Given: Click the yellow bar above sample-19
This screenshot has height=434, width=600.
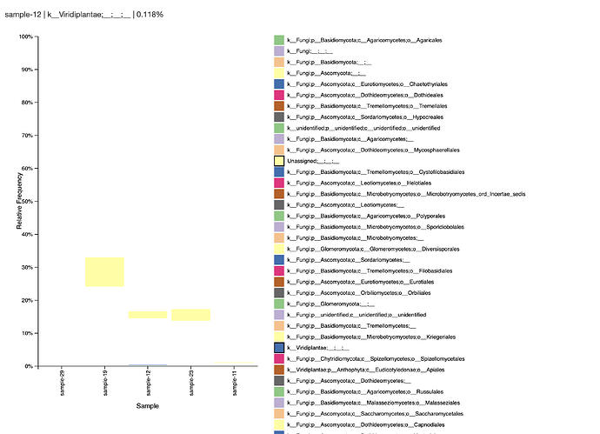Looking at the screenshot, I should [x=104, y=271].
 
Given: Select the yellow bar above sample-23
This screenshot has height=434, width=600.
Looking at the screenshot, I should [x=190, y=315].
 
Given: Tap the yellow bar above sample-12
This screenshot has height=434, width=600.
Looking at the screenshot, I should [x=148, y=314].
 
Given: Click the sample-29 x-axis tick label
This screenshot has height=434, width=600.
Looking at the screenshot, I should [x=62, y=383].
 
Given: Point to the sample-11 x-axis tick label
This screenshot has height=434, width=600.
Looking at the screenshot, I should [x=234, y=383].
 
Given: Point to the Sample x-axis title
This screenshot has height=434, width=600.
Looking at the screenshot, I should [x=147, y=406].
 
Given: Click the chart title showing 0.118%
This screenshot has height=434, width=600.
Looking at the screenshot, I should [x=84, y=15].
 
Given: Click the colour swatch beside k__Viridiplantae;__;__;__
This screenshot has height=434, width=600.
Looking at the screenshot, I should [x=279, y=347].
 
